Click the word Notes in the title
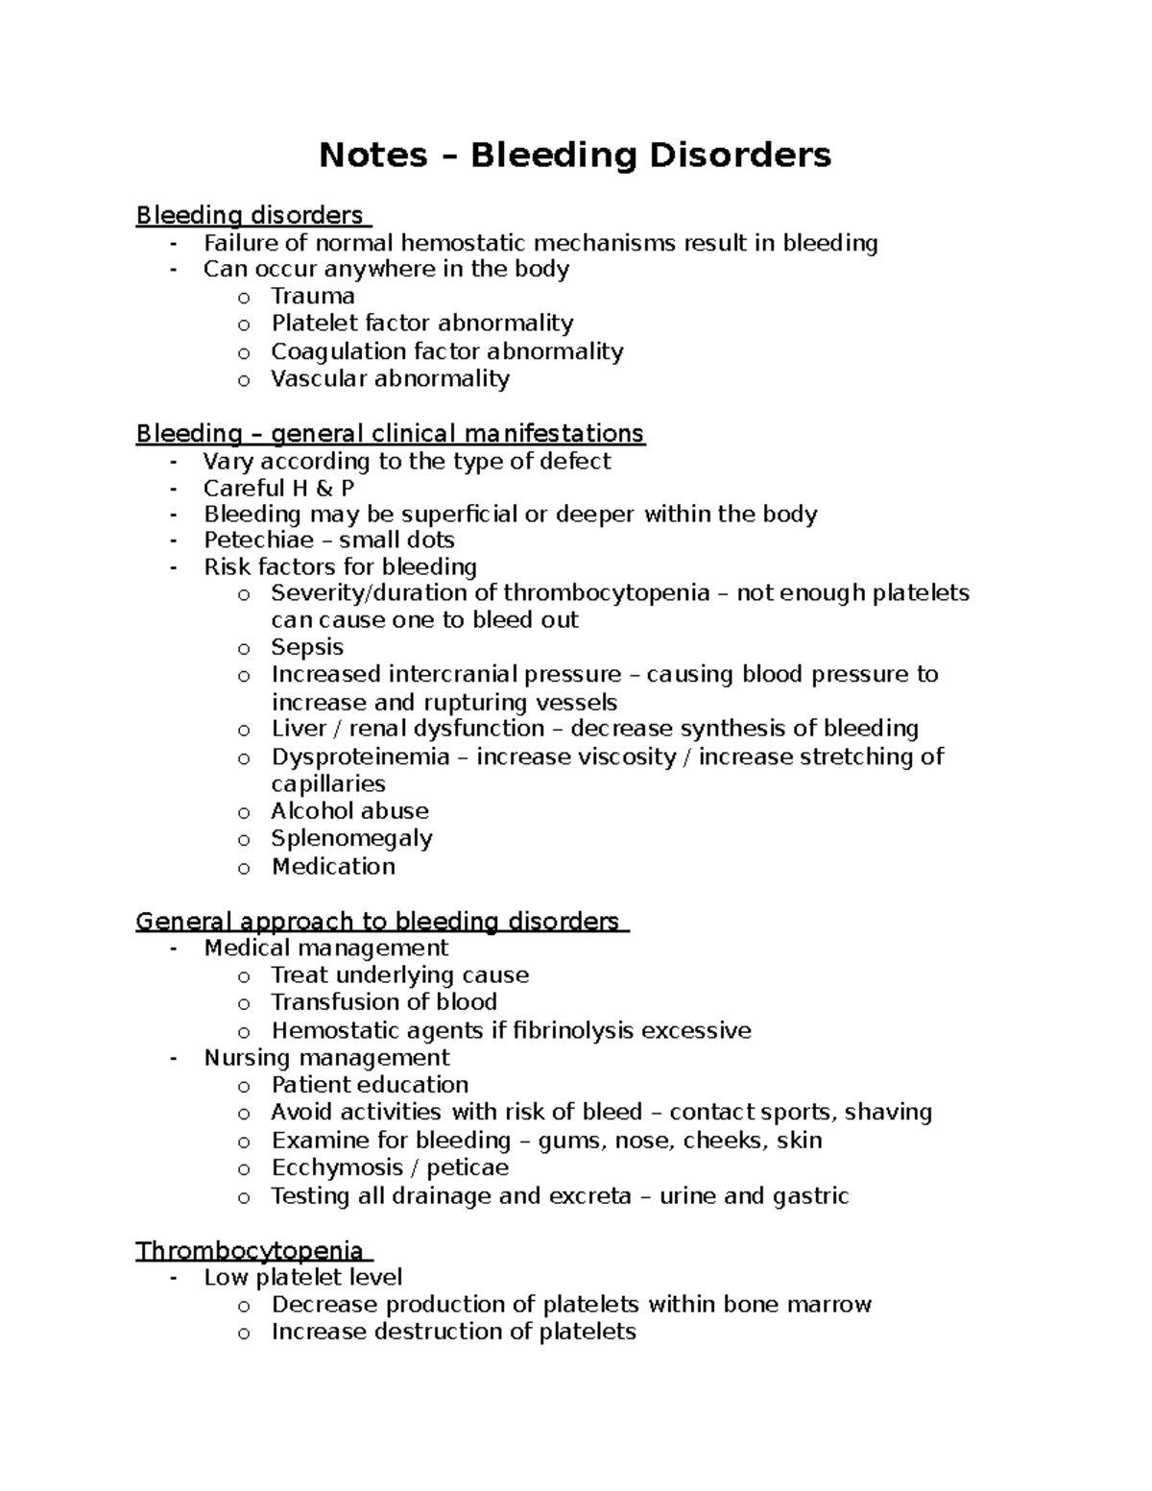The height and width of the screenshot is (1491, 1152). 372,155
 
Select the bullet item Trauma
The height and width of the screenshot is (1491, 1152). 313,296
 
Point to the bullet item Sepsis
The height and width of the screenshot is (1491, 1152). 307,647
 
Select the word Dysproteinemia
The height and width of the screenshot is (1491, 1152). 360,757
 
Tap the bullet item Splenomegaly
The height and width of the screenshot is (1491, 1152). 351,838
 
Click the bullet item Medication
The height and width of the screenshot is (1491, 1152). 333,866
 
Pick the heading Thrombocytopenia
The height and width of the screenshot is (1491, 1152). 250,1251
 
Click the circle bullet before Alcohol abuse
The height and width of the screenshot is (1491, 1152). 244,812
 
